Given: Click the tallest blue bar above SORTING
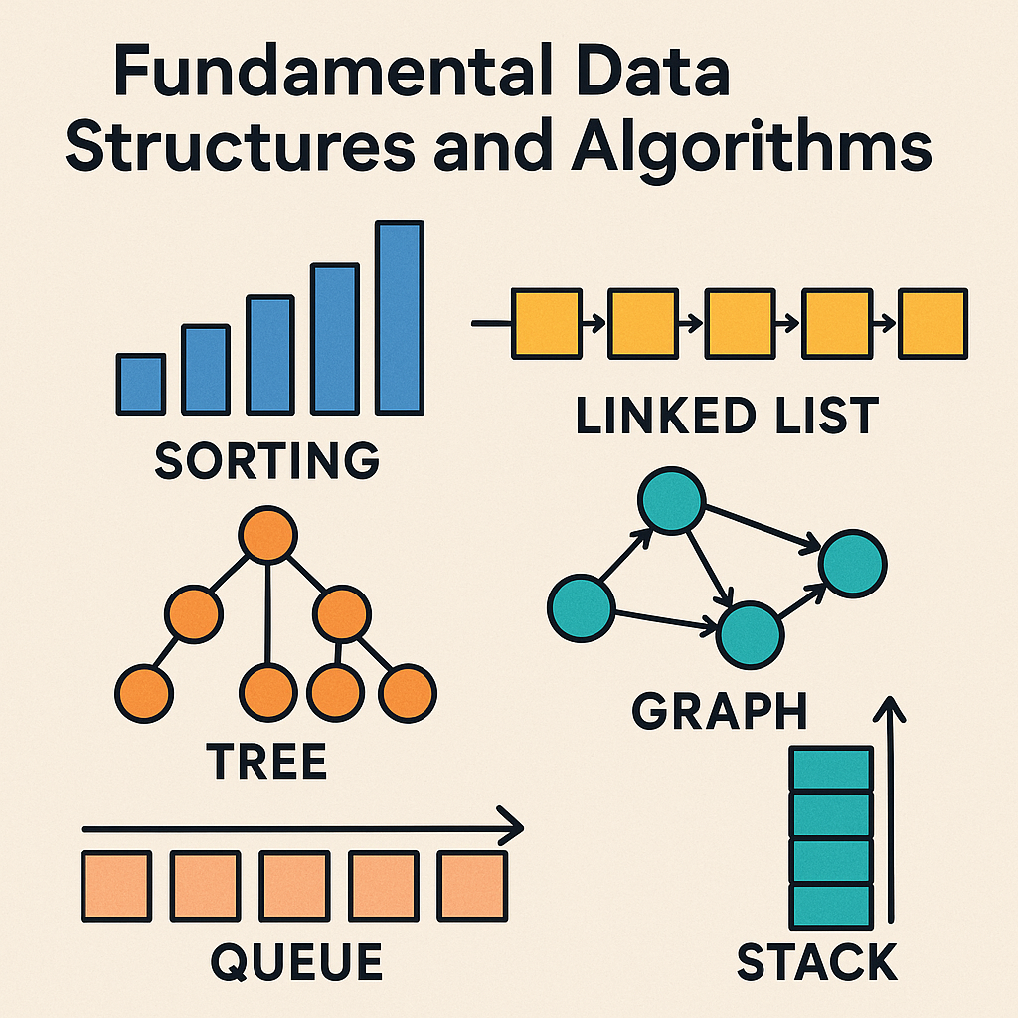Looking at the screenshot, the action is pyautogui.click(x=400, y=317).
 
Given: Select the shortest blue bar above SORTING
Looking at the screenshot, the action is pyautogui.click(x=140, y=383).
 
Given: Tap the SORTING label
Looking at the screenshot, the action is pyautogui.click(x=267, y=461).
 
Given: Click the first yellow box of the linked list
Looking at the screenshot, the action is pyautogui.click(x=546, y=323).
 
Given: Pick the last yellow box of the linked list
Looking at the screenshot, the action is pyautogui.click(x=933, y=323).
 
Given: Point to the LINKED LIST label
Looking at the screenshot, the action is pyautogui.click(x=727, y=415).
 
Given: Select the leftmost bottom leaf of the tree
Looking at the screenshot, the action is pyautogui.click(x=145, y=692).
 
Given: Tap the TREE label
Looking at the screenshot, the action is pyautogui.click(x=266, y=763).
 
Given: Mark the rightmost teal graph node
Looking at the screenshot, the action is pyautogui.click(x=852, y=563).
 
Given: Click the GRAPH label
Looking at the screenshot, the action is pyautogui.click(x=720, y=711).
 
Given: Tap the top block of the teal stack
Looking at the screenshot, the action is pyautogui.click(x=830, y=769).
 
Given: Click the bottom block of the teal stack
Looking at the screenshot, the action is pyautogui.click(x=830, y=906).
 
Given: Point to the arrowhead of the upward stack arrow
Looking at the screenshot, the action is pyautogui.click(x=890, y=708).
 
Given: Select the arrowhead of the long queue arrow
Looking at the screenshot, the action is pyautogui.click(x=512, y=826).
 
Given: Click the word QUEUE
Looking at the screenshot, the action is pyautogui.click(x=297, y=962).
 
